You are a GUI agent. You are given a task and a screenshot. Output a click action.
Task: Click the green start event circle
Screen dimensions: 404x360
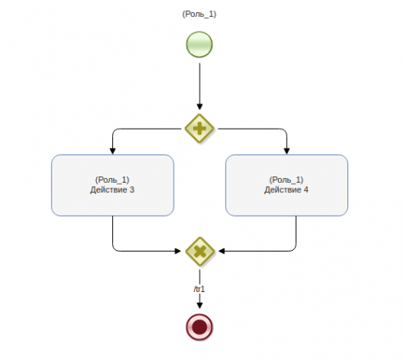(x=200, y=44)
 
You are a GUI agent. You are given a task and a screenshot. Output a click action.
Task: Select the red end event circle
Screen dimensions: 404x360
(x=200, y=327)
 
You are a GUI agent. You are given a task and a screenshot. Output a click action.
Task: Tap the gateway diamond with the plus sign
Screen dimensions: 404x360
(x=200, y=129)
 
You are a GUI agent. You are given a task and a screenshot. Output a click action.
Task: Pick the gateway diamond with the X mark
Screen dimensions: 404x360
(x=200, y=252)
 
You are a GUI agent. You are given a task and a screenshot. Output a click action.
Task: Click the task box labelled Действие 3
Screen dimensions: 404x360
(x=112, y=185)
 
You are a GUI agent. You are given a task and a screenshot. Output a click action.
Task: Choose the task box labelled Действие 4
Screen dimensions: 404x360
(x=287, y=185)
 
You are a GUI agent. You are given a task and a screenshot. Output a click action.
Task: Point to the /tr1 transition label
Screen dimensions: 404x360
(x=200, y=289)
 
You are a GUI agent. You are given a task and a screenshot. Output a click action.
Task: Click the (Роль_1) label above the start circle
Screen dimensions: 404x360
(x=200, y=14)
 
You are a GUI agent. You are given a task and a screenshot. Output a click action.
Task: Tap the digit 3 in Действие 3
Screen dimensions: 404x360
(x=132, y=190)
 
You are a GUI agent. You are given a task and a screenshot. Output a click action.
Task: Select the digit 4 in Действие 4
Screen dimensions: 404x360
(x=306, y=190)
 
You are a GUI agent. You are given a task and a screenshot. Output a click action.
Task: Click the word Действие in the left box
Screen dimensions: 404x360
(x=108, y=190)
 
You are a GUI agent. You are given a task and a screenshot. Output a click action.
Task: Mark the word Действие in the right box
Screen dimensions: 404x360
(x=283, y=190)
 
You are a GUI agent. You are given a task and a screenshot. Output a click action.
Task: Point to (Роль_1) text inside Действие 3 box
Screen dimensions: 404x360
(x=112, y=180)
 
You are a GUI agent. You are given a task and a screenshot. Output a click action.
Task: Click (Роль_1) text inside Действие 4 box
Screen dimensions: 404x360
(x=286, y=180)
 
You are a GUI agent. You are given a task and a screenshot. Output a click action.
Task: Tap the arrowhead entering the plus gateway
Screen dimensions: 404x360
(x=200, y=107)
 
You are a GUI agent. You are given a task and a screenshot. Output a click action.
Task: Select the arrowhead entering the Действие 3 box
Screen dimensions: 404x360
(x=112, y=151)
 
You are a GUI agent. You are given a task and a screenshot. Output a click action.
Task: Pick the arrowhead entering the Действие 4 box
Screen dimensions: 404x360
(x=287, y=151)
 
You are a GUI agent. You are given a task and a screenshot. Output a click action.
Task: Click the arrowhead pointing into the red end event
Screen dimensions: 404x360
(x=200, y=305)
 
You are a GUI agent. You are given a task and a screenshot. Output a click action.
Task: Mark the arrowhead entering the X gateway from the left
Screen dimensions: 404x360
(x=178, y=251)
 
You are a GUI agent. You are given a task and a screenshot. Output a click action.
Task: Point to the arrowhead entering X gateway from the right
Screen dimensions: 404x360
(x=221, y=251)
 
